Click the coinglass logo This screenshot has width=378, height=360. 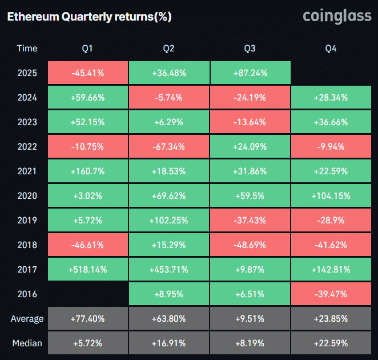[x=336, y=17]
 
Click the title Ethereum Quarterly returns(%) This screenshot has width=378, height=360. [x=89, y=17]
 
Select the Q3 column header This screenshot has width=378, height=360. [x=250, y=49]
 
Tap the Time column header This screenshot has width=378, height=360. [x=27, y=49]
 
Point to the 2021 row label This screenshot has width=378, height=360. [x=27, y=171]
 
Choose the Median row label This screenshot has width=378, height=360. [x=27, y=343]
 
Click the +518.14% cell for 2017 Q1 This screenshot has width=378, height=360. [x=87, y=269]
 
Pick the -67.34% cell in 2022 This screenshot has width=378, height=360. [x=168, y=146]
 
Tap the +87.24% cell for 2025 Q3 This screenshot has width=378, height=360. [x=250, y=73]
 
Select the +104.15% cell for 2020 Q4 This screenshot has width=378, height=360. [x=331, y=195]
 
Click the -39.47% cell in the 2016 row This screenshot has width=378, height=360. [x=331, y=294]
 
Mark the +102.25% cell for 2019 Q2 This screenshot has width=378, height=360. [x=168, y=220]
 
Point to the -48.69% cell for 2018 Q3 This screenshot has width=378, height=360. [x=250, y=245]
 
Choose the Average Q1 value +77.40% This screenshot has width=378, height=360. [x=87, y=318]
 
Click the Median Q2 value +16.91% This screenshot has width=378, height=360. [x=168, y=343]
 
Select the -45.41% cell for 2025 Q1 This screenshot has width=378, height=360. [x=87, y=73]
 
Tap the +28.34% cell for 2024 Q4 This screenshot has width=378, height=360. [x=331, y=97]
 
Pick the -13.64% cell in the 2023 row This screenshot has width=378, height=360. [x=250, y=122]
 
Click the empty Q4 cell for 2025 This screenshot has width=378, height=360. [x=331, y=73]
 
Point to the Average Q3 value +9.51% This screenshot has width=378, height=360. [x=250, y=318]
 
